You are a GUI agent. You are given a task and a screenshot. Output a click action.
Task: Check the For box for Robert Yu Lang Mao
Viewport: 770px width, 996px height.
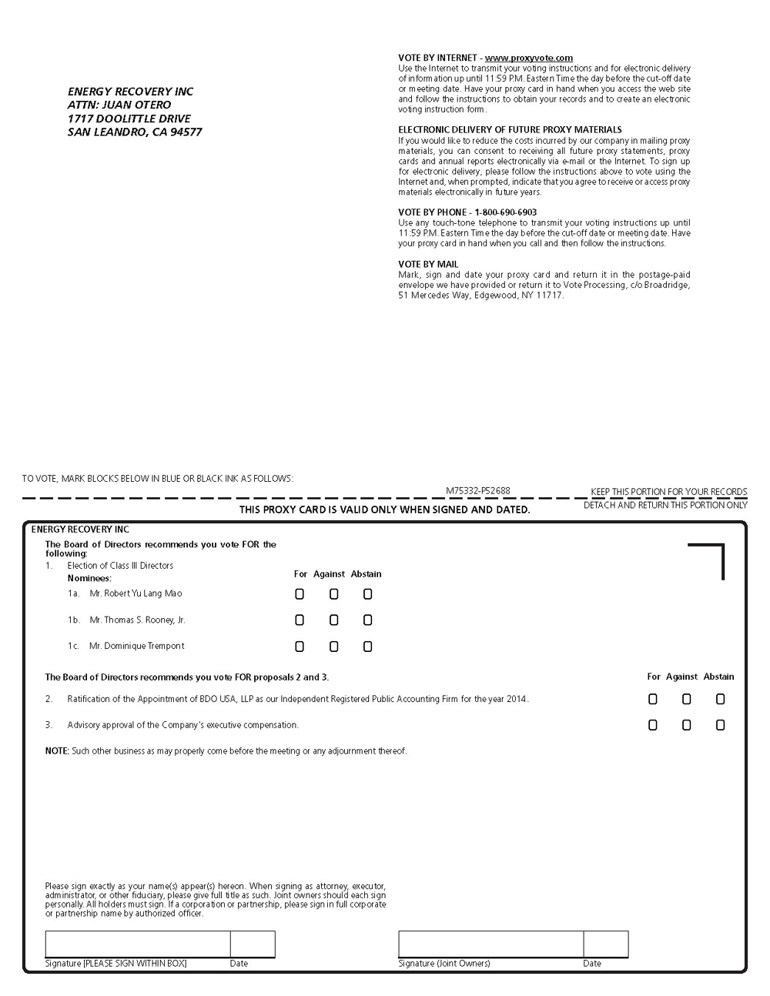300,594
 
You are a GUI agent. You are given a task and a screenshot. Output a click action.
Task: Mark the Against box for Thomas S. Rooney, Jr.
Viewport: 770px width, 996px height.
333,620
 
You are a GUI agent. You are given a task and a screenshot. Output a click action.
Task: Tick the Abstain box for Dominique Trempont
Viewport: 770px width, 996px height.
367,647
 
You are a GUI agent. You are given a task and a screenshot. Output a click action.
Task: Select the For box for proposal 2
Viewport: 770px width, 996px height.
653,700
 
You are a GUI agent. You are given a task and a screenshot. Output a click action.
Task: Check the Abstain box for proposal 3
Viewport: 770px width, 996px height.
720,725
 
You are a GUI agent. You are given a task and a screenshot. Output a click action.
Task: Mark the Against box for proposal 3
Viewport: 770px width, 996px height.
686,725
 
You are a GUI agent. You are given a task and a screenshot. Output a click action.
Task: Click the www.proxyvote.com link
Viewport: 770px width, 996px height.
528,58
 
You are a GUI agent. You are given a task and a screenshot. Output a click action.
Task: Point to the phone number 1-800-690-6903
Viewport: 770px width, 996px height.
505,212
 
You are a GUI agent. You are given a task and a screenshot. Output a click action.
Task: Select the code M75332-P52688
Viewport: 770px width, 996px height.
477,491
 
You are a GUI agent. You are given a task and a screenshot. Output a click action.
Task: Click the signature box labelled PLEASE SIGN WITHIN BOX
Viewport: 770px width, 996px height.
137,944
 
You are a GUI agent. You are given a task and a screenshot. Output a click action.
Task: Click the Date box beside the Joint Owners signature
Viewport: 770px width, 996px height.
605,944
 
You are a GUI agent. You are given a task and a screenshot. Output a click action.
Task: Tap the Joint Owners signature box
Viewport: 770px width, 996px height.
490,944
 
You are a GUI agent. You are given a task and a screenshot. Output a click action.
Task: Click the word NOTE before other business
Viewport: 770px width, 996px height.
56,751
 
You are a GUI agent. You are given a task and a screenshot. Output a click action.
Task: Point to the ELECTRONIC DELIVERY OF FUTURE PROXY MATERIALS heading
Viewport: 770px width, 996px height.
510,130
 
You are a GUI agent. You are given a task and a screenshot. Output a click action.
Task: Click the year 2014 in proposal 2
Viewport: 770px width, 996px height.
517,700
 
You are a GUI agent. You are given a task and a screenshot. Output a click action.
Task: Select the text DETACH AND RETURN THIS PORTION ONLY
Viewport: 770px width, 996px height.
665,506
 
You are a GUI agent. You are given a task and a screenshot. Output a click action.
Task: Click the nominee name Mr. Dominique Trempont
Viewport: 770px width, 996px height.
136,646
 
